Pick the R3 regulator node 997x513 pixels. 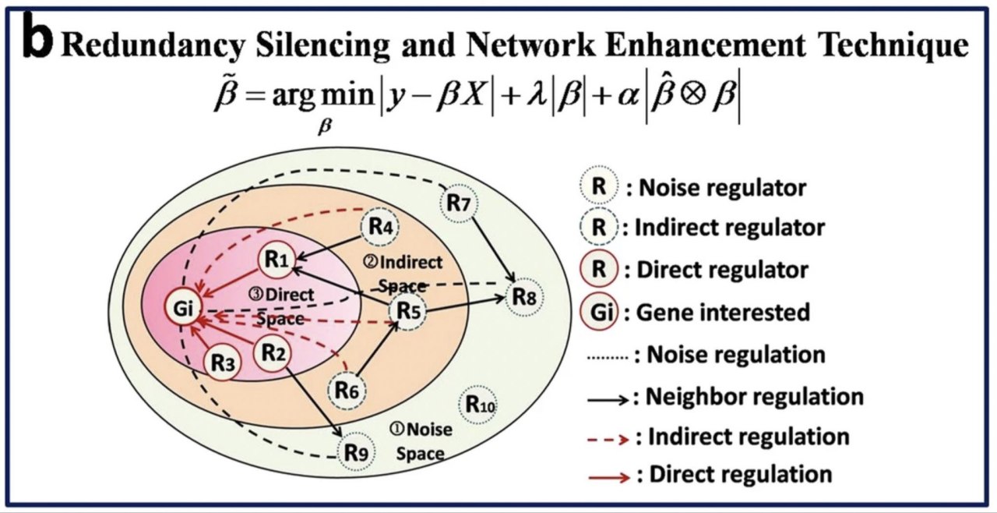(x=223, y=362)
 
